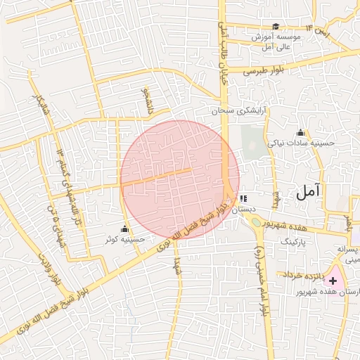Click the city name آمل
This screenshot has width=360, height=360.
(x=309, y=190)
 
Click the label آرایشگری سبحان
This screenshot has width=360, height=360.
(x=242, y=111)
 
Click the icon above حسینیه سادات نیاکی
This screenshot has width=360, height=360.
(x=301, y=132)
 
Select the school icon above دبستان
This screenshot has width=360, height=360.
(x=243, y=199)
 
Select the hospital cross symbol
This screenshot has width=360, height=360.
(x=332, y=281)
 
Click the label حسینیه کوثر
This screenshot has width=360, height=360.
(x=124, y=239)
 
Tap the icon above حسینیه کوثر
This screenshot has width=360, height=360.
(x=125, y=229)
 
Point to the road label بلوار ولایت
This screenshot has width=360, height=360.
(x=50, y=266)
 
